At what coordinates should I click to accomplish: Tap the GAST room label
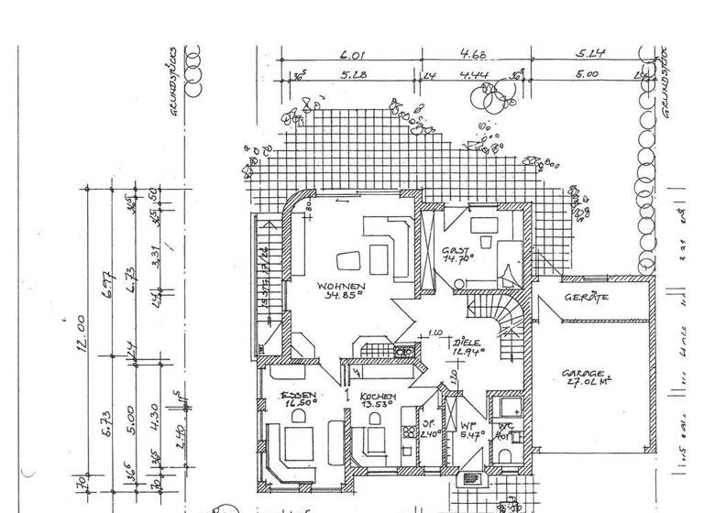pyautogui.click(x=456, y=250)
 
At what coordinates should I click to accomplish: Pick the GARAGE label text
pyautogui.click(x=583, y=374)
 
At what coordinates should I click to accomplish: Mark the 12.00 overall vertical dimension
pyautogui.click(x=81, y=326)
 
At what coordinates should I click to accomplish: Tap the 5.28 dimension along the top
pyautogui.click(x=353, y=74)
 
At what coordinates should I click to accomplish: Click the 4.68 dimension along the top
pyautogui.click(x=473, y=54)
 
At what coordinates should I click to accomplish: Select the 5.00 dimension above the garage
pyautogui.click(x=587, y=74)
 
